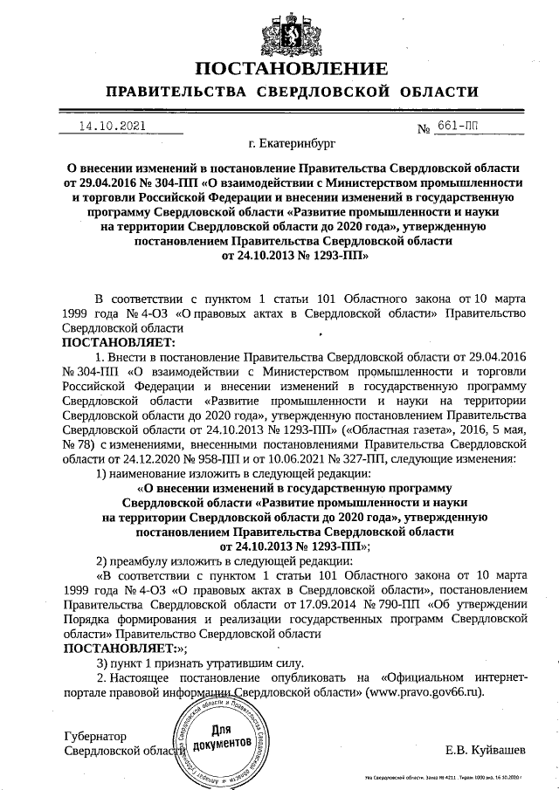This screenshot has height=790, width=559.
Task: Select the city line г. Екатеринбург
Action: tap(291, 144)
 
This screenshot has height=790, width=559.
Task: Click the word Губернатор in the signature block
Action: tap(96, 735)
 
